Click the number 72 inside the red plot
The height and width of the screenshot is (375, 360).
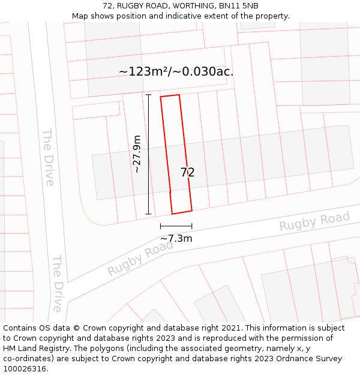coord(188,172)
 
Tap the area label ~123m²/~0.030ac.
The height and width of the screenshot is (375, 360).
coord(176,71)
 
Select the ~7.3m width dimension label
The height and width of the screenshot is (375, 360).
coord(176,238)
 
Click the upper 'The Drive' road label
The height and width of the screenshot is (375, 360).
coord(48,157)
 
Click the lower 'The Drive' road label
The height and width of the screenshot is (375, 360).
coord(57,283)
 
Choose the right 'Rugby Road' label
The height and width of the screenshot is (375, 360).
coord(314,221)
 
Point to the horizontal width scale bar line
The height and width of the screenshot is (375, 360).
coord(176,226)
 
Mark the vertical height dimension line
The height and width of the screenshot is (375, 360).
coord(148,154)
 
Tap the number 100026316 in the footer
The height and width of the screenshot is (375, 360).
coord(25,368)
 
